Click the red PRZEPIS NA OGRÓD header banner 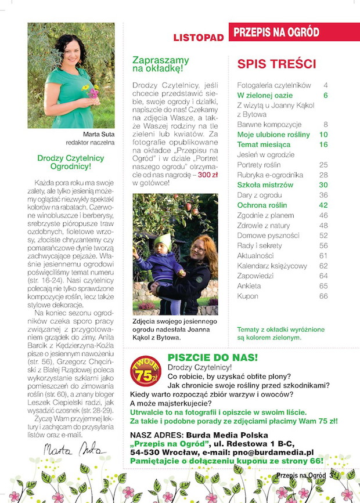pos(294,32)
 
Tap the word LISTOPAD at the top pos(199,38)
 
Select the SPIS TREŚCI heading pos(276,64)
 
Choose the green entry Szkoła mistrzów pos(265,184)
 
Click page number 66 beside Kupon pos(323,296)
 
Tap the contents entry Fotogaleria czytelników pos(275,85)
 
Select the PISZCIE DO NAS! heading pos(213,357)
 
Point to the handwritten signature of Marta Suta pos(67,450)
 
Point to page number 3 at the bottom pos(330,476)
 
